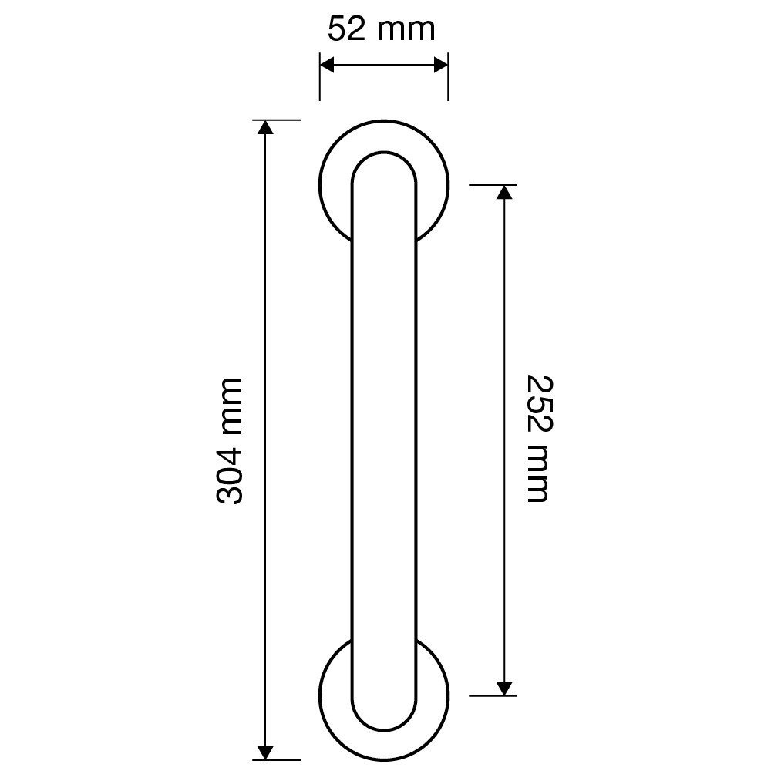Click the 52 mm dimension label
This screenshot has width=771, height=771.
(382, 29)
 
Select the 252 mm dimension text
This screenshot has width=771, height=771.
(540, 439)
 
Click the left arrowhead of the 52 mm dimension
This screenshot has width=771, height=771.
(327, 65)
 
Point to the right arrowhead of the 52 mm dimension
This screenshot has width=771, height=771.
(440, 65)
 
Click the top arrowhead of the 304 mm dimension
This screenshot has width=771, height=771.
(265, 127)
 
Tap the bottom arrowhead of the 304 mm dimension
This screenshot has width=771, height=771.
(265, 752)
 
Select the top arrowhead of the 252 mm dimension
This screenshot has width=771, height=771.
(504, 192)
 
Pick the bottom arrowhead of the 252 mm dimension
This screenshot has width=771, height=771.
(504, 689)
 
